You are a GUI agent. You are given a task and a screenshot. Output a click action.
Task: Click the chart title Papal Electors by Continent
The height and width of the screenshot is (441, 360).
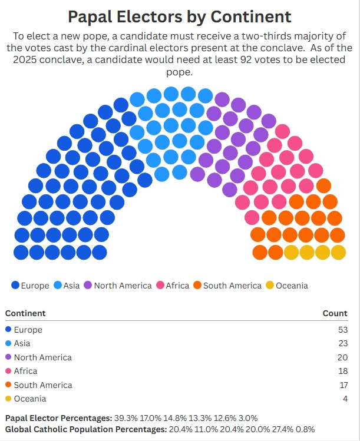[180, 16]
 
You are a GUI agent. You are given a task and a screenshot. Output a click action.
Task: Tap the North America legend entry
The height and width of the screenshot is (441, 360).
[117, 286]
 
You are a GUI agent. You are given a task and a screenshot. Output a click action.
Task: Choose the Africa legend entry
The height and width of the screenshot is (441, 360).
[173, 286]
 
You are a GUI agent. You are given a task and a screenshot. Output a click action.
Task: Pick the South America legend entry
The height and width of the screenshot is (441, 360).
[227, 286]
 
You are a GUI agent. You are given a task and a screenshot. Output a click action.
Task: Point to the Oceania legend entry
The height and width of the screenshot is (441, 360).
[287, 286]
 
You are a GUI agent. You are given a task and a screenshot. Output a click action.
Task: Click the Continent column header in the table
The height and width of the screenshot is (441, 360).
[25, 313]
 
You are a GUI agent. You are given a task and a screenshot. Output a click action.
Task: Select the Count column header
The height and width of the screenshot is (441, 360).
[335, 313]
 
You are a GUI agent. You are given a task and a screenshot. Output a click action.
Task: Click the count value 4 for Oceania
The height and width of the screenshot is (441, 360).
[345, 399]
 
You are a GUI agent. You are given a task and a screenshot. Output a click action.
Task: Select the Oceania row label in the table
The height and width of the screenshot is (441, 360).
[30, 399]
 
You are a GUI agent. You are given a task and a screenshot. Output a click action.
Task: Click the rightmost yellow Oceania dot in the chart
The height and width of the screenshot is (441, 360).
[338, 253]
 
